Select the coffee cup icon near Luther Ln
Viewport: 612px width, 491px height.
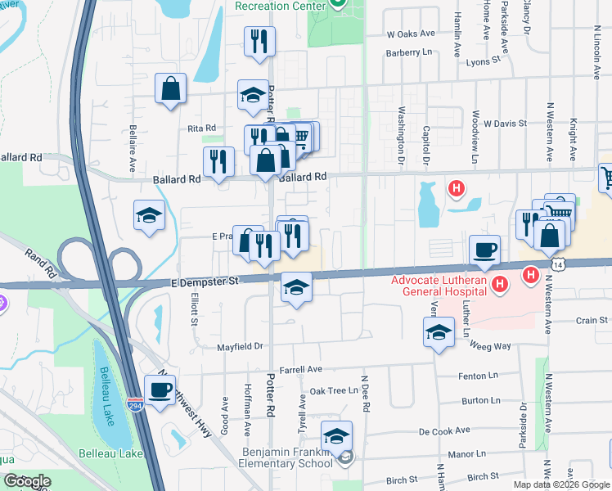484,250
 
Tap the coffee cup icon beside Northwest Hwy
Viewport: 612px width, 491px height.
160,390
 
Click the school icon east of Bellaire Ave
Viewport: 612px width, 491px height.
150,216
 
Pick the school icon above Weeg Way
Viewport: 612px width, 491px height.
439,332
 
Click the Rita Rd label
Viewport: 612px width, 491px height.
201,128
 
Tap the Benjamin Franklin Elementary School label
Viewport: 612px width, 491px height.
288,457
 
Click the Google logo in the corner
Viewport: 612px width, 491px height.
28,481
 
